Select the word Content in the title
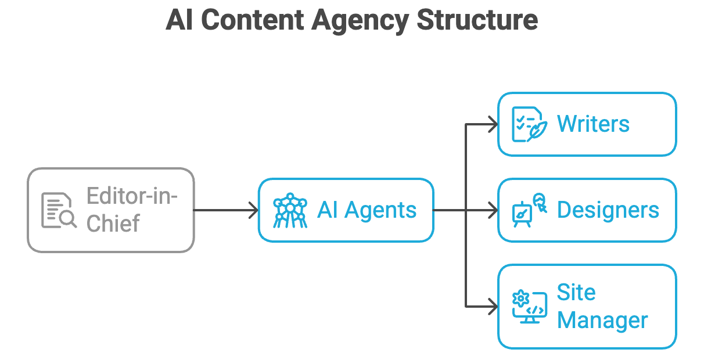[254, 21]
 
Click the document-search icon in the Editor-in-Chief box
[59, 210]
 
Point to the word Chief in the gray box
[113, 224]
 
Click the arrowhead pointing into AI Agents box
[254, 210]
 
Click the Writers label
[593, 124]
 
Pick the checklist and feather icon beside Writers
[529, 124]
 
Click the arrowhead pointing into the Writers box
[494, 124]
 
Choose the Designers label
[608, 210]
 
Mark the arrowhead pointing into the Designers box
[494, 210]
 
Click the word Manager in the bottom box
[602, 321]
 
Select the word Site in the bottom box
[576, 292]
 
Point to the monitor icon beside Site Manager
[529, 307]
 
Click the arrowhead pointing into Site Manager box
[494, 307]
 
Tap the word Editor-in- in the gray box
[132, 196]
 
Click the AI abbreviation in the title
[179, 21]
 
